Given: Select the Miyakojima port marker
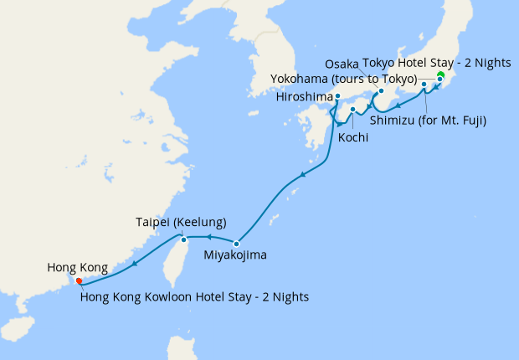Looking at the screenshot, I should [237, 244].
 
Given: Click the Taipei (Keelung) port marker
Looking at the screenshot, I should [184, 240].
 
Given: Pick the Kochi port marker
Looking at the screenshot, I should [353, 110].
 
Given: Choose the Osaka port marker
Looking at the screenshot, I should [381, 91].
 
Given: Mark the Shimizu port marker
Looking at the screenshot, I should [424, 85].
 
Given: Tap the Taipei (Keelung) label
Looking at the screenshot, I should [181, 223].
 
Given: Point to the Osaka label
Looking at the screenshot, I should [341, 64].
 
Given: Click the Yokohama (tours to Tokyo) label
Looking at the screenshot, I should [343, 79].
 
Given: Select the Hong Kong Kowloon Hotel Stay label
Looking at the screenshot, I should [195, 296].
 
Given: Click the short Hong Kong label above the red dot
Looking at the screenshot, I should [77, 268].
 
